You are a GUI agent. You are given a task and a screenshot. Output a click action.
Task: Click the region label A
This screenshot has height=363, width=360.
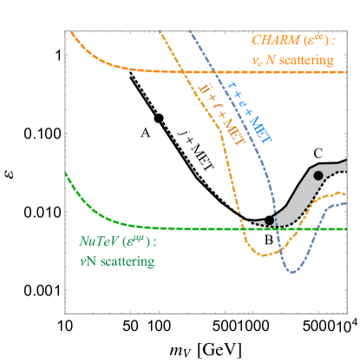pos(147,133)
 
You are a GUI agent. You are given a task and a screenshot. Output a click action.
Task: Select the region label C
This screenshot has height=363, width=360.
pos(318,154)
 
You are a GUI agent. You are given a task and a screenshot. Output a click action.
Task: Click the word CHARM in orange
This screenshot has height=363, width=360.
pos(272,40)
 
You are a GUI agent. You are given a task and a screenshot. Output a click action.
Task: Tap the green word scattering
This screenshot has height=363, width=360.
pos(125,261)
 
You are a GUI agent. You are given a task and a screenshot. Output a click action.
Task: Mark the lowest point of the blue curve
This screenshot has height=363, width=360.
pos(293,273)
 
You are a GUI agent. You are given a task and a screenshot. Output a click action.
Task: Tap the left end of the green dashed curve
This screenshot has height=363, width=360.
pos(66,174)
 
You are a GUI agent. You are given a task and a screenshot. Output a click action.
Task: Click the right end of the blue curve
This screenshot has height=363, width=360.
pos(346,203)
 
